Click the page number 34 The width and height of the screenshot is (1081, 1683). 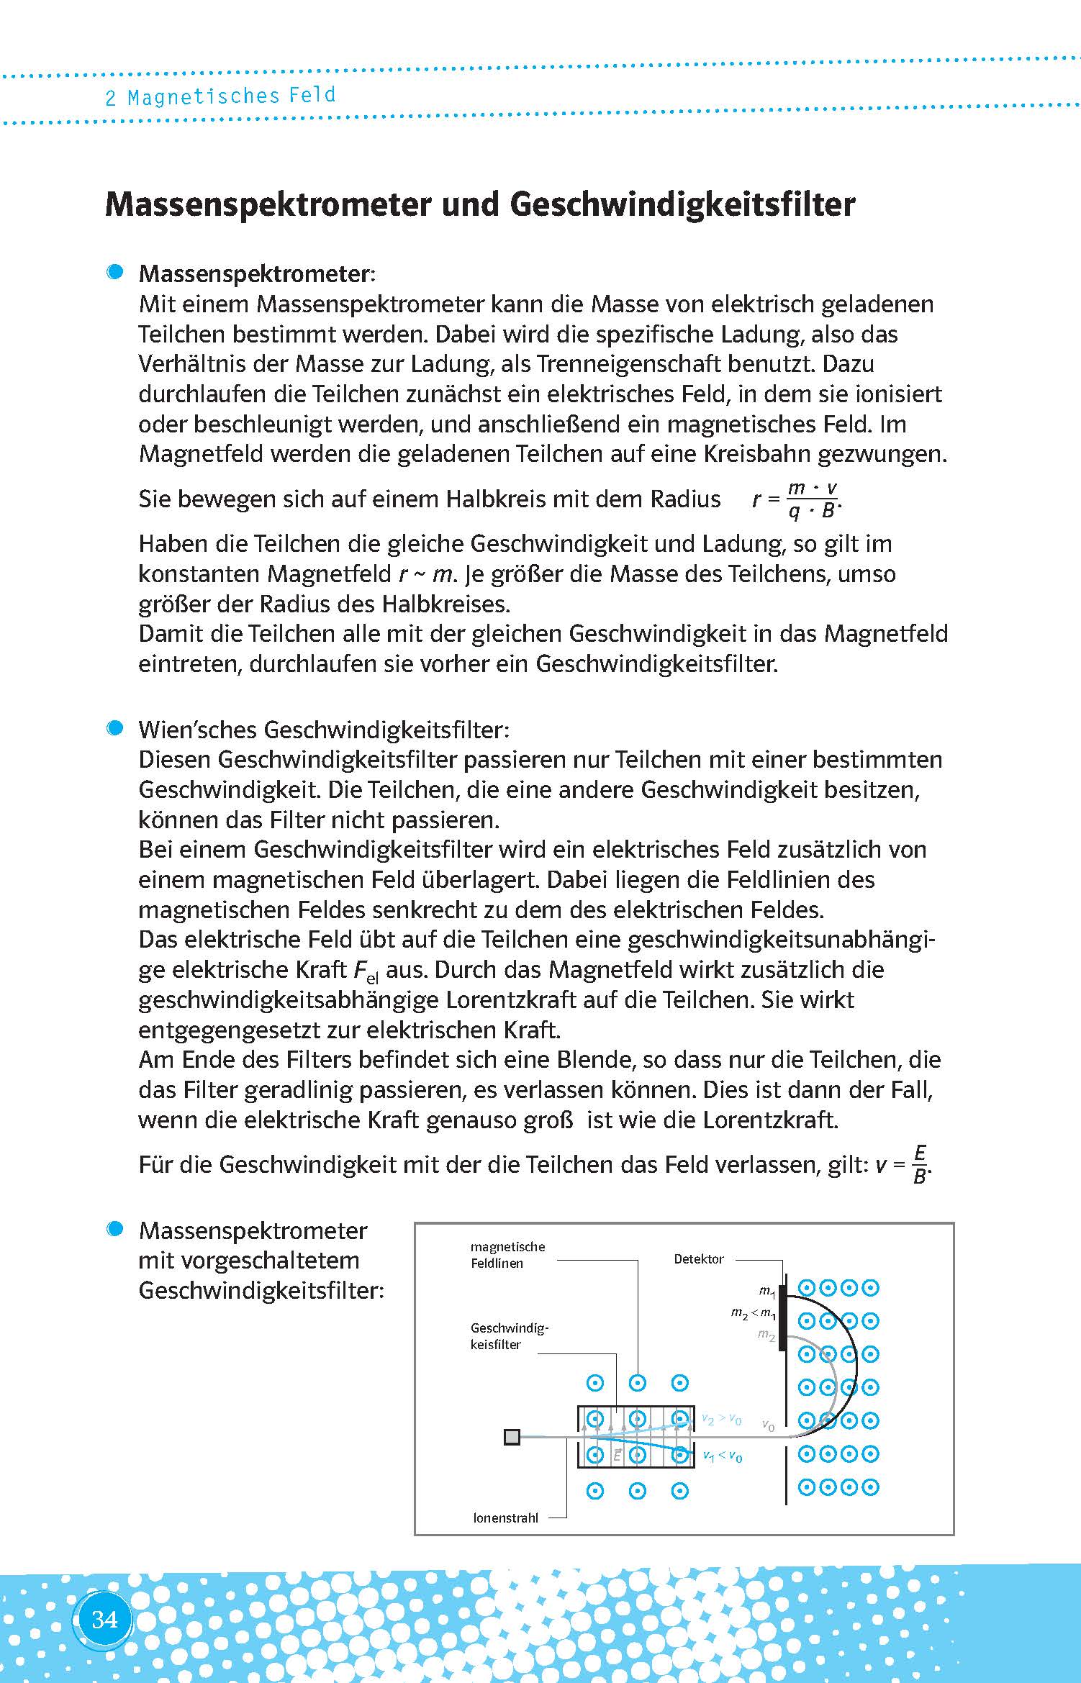[x=104, y=1619]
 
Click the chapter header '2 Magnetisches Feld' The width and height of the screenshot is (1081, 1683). [x=220, y=96]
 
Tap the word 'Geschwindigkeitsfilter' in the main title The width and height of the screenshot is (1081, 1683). [x=682, y=204]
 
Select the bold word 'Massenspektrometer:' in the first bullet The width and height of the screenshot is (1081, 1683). [x=257, y=273]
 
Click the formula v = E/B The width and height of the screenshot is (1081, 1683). [x=903, y=1164]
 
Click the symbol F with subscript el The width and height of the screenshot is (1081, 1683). [x=366, y=971]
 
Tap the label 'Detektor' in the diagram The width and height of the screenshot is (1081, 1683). [x=698, y=1258]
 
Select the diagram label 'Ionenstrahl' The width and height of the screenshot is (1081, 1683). [x=505, y=1518]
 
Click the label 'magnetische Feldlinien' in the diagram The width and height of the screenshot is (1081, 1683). [x=507, y=1254]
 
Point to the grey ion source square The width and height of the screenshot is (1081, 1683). [x=512, y=1437]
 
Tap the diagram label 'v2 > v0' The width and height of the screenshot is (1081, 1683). [x=721, y=1419]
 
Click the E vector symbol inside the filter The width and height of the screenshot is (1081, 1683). [x=617, y=1454]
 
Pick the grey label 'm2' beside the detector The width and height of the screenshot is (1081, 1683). [x=766, y=1335]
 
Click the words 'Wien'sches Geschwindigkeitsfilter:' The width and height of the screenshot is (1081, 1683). [x=324, y=730]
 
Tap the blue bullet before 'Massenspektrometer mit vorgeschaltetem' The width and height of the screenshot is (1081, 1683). [x=114, y=1229]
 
